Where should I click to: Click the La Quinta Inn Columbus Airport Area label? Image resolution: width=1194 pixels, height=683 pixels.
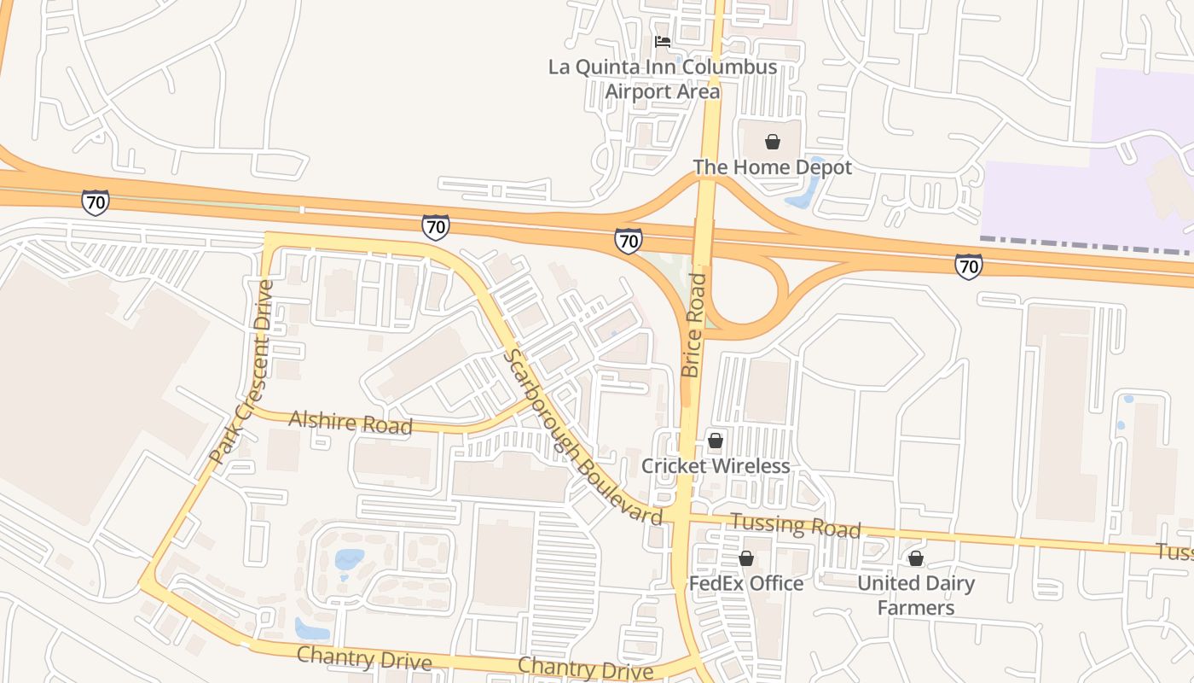point(663,79)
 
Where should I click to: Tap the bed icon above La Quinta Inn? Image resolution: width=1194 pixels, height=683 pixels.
point(662,41)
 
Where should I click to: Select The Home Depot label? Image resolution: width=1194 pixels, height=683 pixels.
point(772,167)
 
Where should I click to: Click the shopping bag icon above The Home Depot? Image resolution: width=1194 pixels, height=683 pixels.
point(772,142)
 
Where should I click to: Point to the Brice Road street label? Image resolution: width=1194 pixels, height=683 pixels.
point(694,325)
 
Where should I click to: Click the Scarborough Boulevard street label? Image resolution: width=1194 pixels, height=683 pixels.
point(583,437)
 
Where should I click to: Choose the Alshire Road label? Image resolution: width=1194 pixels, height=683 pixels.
point(351,422)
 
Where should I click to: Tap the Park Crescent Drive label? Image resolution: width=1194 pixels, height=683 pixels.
point(241,372)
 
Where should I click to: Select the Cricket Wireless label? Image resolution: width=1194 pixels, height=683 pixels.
point(716,466)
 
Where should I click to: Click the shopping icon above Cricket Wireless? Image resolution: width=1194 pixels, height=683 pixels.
point(716,441)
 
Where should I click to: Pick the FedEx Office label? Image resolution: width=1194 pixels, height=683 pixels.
point(746,584)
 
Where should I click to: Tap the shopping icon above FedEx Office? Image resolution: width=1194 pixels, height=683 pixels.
point(746,558)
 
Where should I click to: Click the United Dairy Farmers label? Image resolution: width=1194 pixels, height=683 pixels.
point(916,595)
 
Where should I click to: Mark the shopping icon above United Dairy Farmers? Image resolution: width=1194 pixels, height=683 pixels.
point(915,558)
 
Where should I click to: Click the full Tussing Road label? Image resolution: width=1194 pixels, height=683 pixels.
point(796,526)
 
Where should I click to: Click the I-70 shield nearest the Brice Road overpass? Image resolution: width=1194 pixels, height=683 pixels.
point(629,241)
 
